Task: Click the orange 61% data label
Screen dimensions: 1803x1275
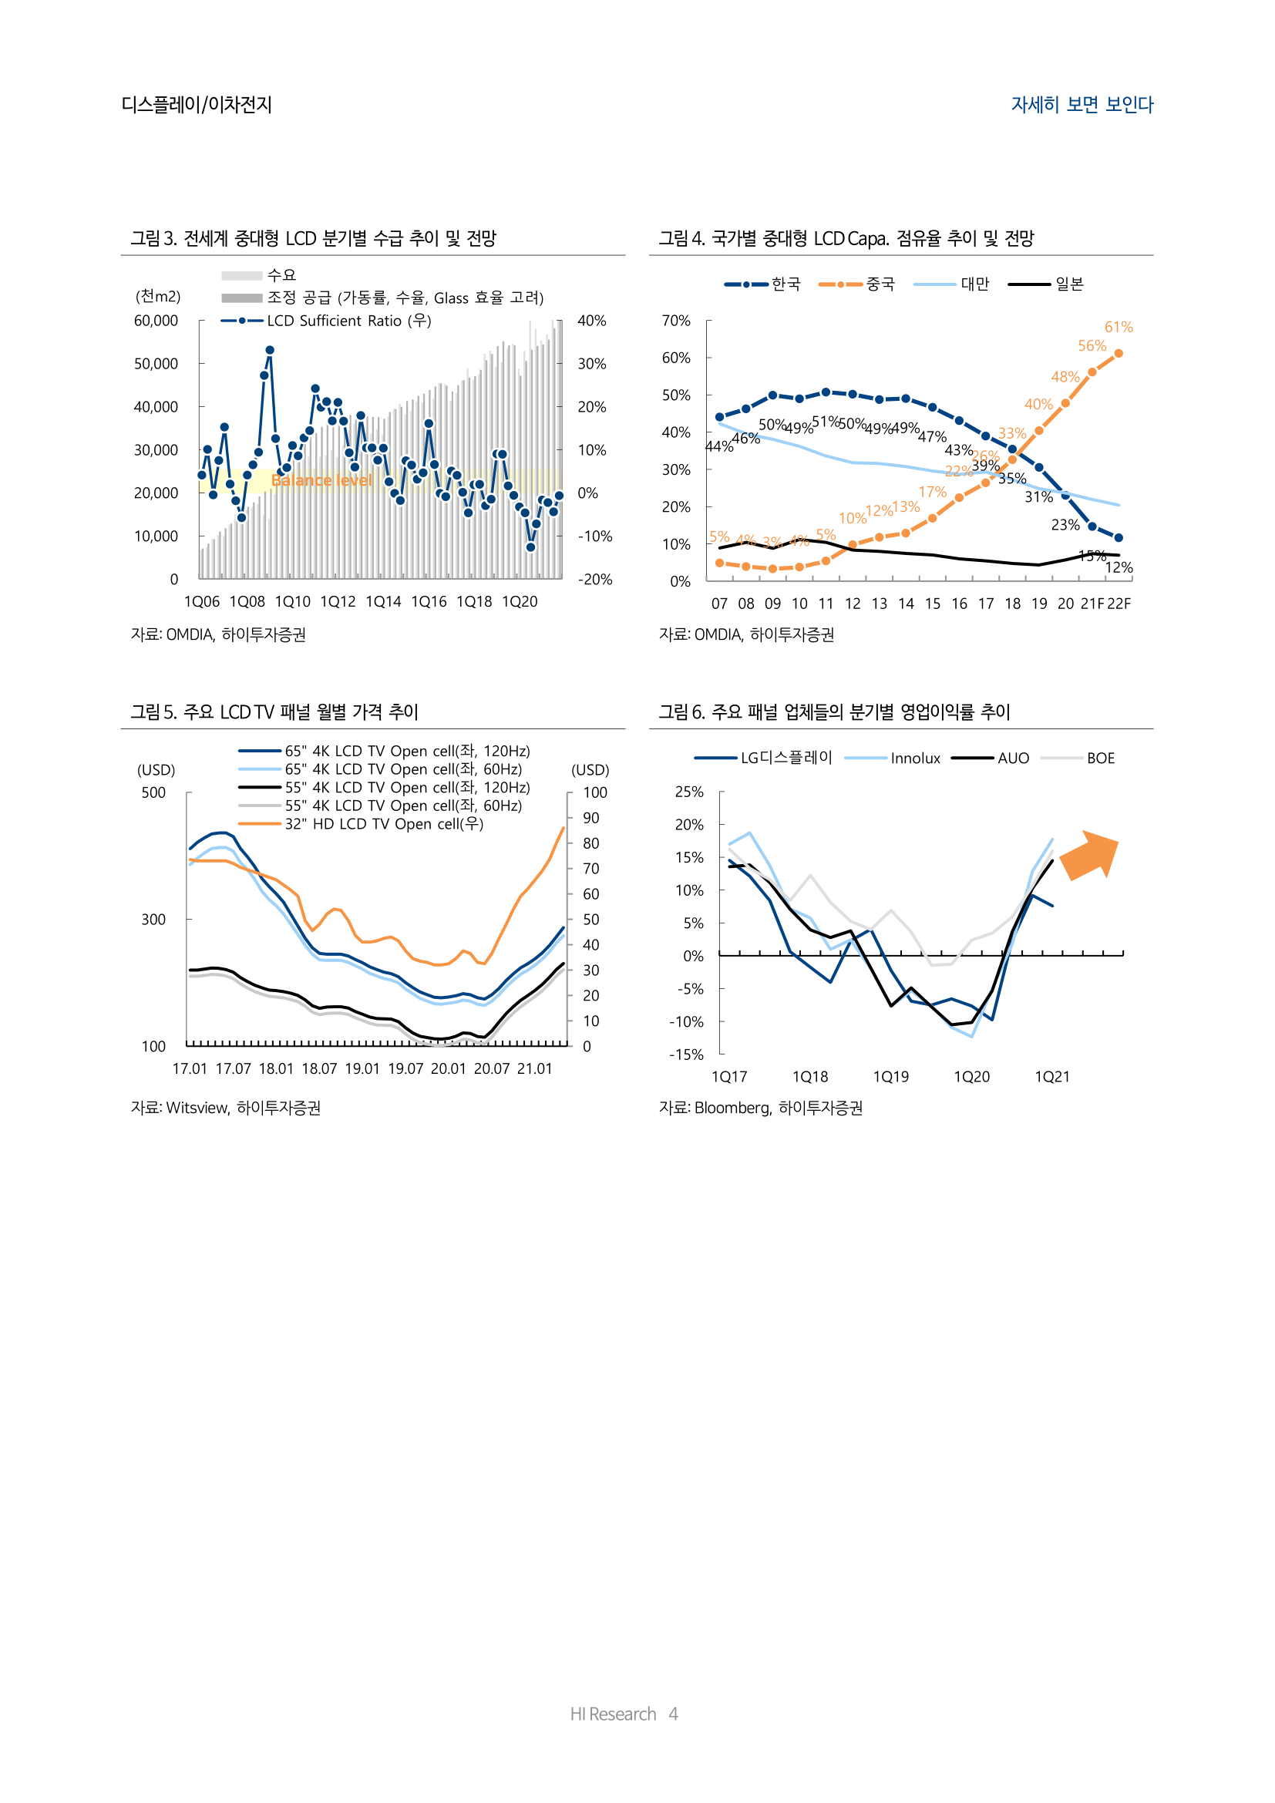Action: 1118,327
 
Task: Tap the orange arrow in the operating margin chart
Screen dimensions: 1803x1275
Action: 1090,854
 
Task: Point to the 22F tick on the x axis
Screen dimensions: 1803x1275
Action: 1119,603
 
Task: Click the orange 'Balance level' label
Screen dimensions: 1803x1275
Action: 322,479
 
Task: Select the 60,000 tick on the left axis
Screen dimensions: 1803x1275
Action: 156,321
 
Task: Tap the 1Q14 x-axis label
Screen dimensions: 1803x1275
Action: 383,601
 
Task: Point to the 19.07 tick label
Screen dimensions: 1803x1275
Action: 405,1068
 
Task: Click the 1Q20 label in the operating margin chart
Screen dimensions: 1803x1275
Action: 971,1077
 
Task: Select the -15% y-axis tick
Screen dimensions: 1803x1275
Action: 686,1055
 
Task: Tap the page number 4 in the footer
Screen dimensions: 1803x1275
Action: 673,1714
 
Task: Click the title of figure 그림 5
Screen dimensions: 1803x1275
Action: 274,711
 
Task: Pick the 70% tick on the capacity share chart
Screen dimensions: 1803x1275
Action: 676,321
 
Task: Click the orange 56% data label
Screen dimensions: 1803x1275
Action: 1092,345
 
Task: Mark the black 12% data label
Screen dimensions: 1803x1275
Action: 1119,567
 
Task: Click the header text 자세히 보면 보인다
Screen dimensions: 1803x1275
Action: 1082,104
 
